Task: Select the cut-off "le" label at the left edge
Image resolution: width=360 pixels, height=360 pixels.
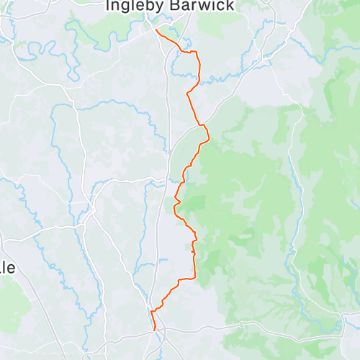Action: pyautogui.click(x=6, y=267)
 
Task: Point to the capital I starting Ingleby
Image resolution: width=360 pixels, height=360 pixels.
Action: pyautogui.click(x=109, y=6)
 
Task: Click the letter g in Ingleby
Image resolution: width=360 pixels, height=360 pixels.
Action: pyautogui.click(x=126, y=6)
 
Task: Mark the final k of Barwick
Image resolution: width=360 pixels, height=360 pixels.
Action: pyautogui.click(x=230, y=6)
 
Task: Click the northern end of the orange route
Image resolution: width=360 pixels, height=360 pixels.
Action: pyautogui.click(x=156, y=30)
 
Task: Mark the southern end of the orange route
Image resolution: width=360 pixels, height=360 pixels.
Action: pyautogui.click(x=155, y=330)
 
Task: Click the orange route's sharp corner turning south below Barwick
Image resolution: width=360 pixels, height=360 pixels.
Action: pyautogui.click(x=196, y=53)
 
